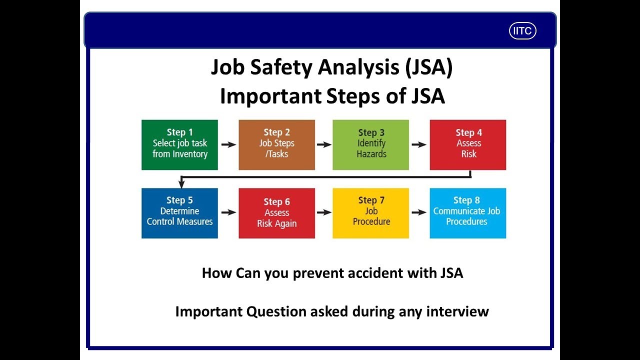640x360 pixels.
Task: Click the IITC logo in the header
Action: [522, 31]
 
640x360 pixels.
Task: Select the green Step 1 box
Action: [179, 144]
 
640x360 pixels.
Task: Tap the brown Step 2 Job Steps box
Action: [276, 144]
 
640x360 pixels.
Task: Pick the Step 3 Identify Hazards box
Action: [370, 144]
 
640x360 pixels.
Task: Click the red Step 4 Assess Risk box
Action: [468, 144]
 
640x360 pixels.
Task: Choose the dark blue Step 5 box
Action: [179, 213]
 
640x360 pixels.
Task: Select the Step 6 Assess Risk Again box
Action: [276, 213]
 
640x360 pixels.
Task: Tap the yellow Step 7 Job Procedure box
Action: [370, 213]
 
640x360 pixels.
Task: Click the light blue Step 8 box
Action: [468, 213]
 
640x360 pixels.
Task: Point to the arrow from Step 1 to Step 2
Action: [228, 144]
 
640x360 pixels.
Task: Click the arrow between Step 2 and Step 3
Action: [324, 144]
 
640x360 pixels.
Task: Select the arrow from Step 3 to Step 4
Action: [419, 144]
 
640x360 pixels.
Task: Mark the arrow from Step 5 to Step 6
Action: [228, 212]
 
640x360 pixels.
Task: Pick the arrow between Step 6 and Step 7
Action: [324, 212]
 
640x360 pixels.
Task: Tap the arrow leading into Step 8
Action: [419, 212]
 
